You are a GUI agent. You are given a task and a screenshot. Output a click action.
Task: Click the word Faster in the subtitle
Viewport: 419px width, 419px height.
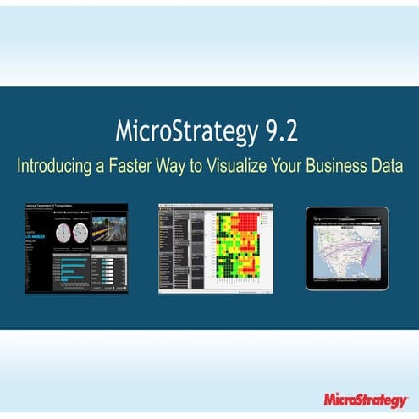(x=134, y=165)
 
